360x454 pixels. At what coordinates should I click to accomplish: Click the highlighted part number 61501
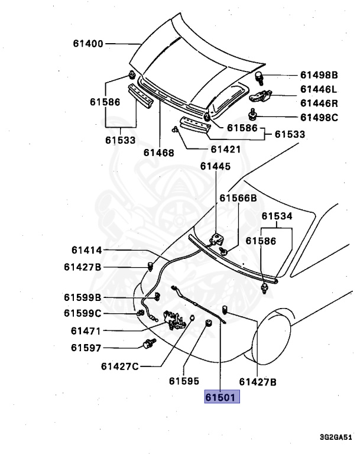coord(222,397)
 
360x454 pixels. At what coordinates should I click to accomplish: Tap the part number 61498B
coord(318,75)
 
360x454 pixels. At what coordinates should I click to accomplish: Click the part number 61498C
coord(318,117)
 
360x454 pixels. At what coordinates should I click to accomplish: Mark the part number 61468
coord(158,153)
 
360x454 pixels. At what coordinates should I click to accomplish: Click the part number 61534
coord(277,216)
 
